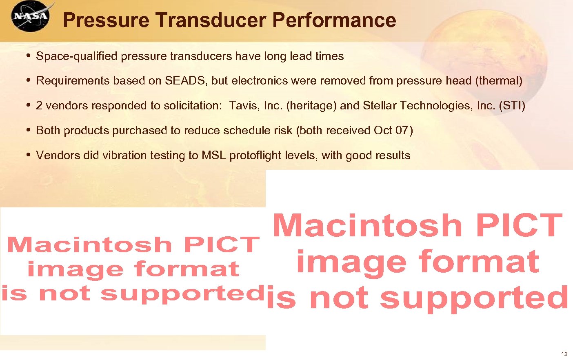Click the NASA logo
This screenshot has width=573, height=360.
30,16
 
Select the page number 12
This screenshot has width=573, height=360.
564,354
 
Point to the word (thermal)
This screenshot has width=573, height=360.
499,81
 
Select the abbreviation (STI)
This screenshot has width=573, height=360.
512,106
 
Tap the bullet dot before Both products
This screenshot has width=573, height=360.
28,130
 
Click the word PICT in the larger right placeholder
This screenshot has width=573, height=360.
519,225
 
